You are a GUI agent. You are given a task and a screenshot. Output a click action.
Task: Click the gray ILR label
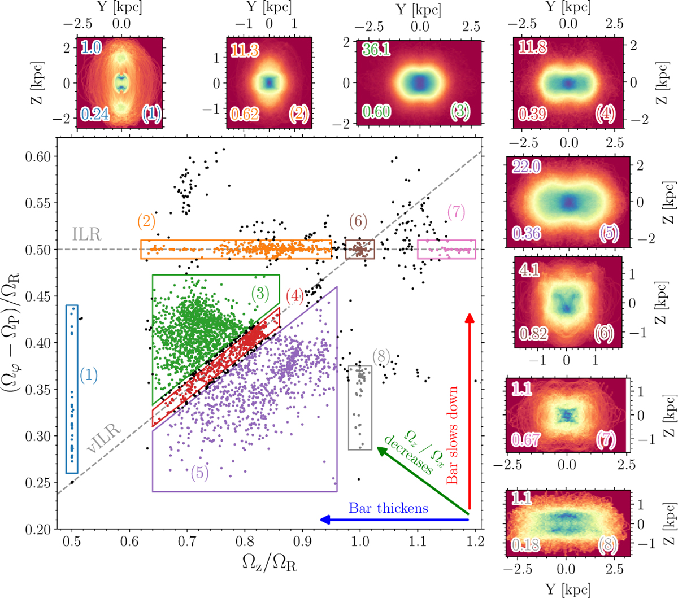86,234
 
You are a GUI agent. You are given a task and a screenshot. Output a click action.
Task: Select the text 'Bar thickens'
388,508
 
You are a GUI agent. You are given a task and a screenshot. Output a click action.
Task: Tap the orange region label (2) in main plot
146,221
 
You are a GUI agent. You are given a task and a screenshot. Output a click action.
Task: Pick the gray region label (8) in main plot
381,356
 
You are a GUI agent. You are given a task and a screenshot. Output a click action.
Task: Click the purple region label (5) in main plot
199,473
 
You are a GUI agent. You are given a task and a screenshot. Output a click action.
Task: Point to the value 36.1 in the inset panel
376,49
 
